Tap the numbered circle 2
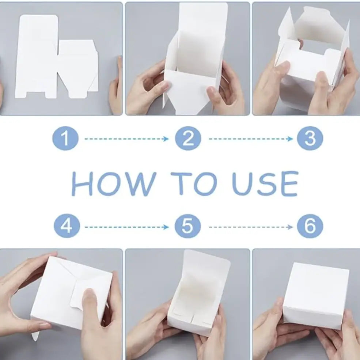click(187, 139)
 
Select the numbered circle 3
click(310, 139)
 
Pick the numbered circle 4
click(66, 227)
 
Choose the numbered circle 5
click(187, 227)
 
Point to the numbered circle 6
click(310, 227)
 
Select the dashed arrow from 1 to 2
click(126, 139)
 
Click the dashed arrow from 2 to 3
click(251, 139)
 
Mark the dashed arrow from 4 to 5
click(126, 227)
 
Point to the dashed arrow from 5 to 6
click(251, 227)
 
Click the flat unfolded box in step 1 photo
click(55, 58)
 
